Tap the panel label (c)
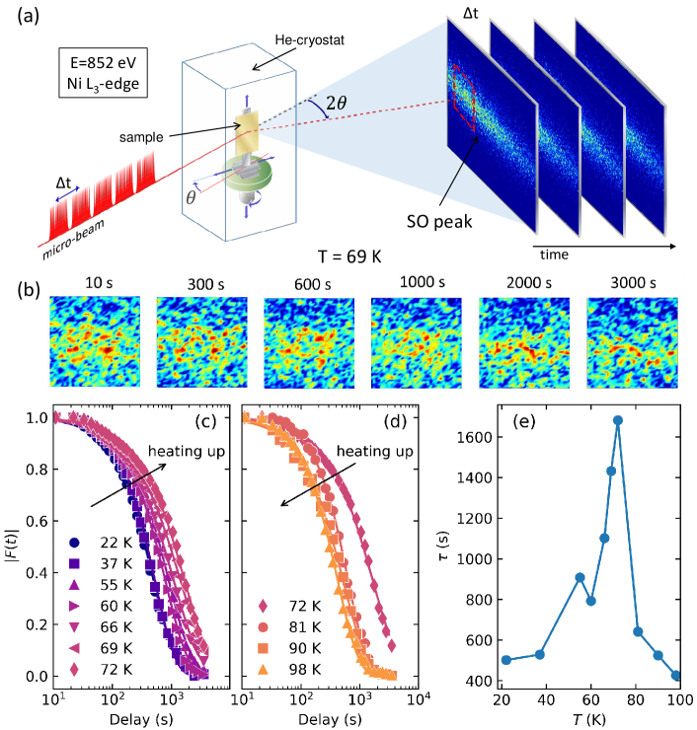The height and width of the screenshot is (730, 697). click(205, 425)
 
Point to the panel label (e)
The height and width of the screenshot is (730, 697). click(526, 425)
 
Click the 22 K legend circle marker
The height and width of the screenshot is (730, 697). click(74, 543)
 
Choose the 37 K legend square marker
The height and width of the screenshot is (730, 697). click(74, 564)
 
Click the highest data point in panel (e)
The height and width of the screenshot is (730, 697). click(618, 420)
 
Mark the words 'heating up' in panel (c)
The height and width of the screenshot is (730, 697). click(181, 452)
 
